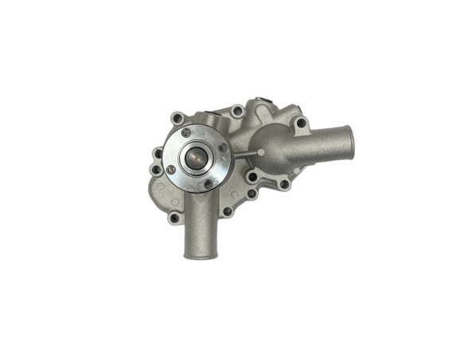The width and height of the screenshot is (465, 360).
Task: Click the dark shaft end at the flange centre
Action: (195, 158)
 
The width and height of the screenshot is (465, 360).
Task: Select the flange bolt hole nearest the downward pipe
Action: (208, 183)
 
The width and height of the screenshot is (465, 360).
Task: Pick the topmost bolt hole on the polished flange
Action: (186, 132)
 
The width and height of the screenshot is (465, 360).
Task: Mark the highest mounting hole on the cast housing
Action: (236, 110)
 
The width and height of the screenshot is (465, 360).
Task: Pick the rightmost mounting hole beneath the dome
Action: (284, 184)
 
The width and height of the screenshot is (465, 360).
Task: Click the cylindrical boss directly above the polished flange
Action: (209, 120)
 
